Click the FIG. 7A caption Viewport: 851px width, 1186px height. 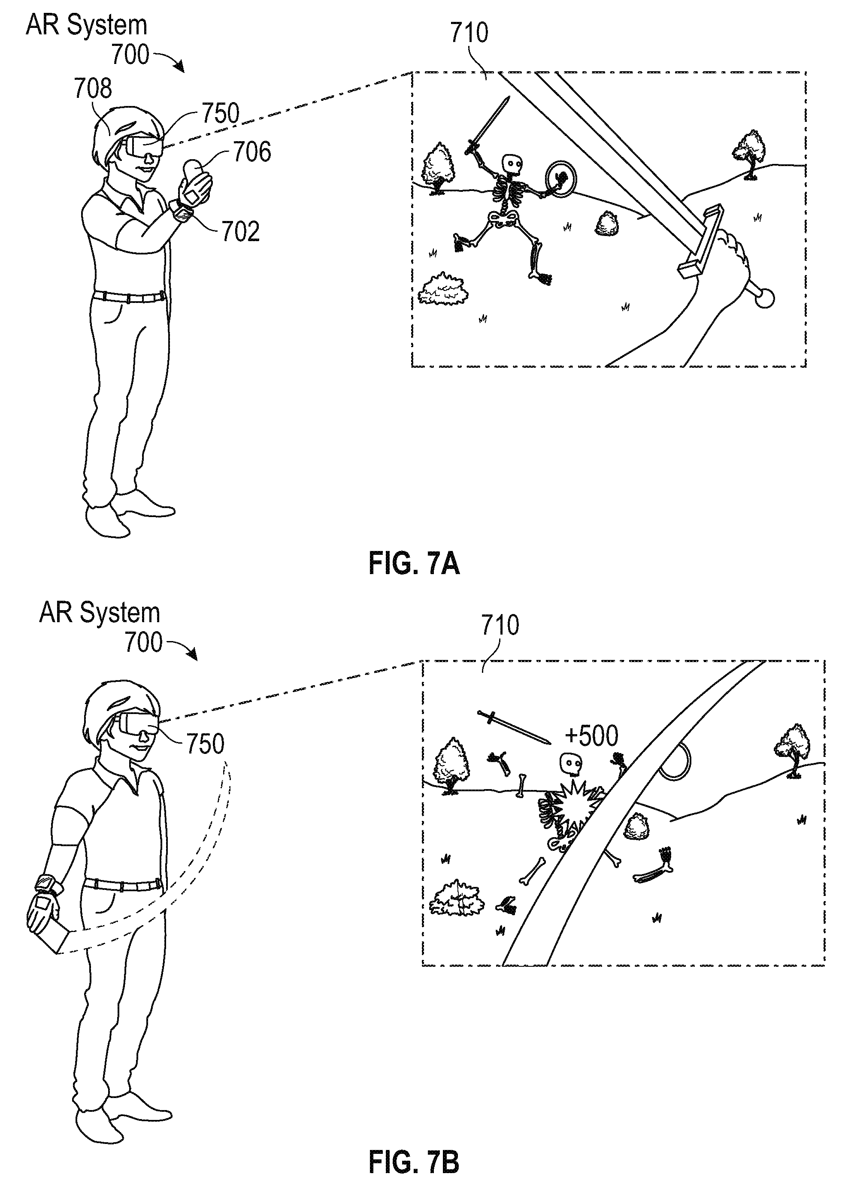point(414,564)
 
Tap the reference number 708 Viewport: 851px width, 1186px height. point(93,88)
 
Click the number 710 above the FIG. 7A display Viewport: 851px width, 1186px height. point(469,33)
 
